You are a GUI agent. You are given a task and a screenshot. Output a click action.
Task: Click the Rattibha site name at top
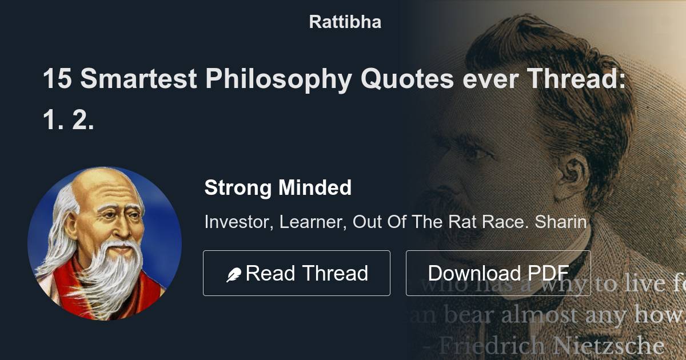point(345,22)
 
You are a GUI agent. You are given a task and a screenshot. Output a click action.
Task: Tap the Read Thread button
point(296,273)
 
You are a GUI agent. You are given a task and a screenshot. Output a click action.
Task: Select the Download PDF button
point(498,273)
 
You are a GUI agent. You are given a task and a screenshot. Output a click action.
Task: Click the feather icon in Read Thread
point(234,275)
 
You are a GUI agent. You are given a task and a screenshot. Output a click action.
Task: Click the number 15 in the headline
point(57,79)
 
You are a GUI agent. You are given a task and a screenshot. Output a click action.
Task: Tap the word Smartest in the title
point(139,79)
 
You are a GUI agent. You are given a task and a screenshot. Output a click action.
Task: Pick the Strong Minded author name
point(278,187)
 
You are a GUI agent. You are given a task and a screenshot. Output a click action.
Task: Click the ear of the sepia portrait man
point(572,171)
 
